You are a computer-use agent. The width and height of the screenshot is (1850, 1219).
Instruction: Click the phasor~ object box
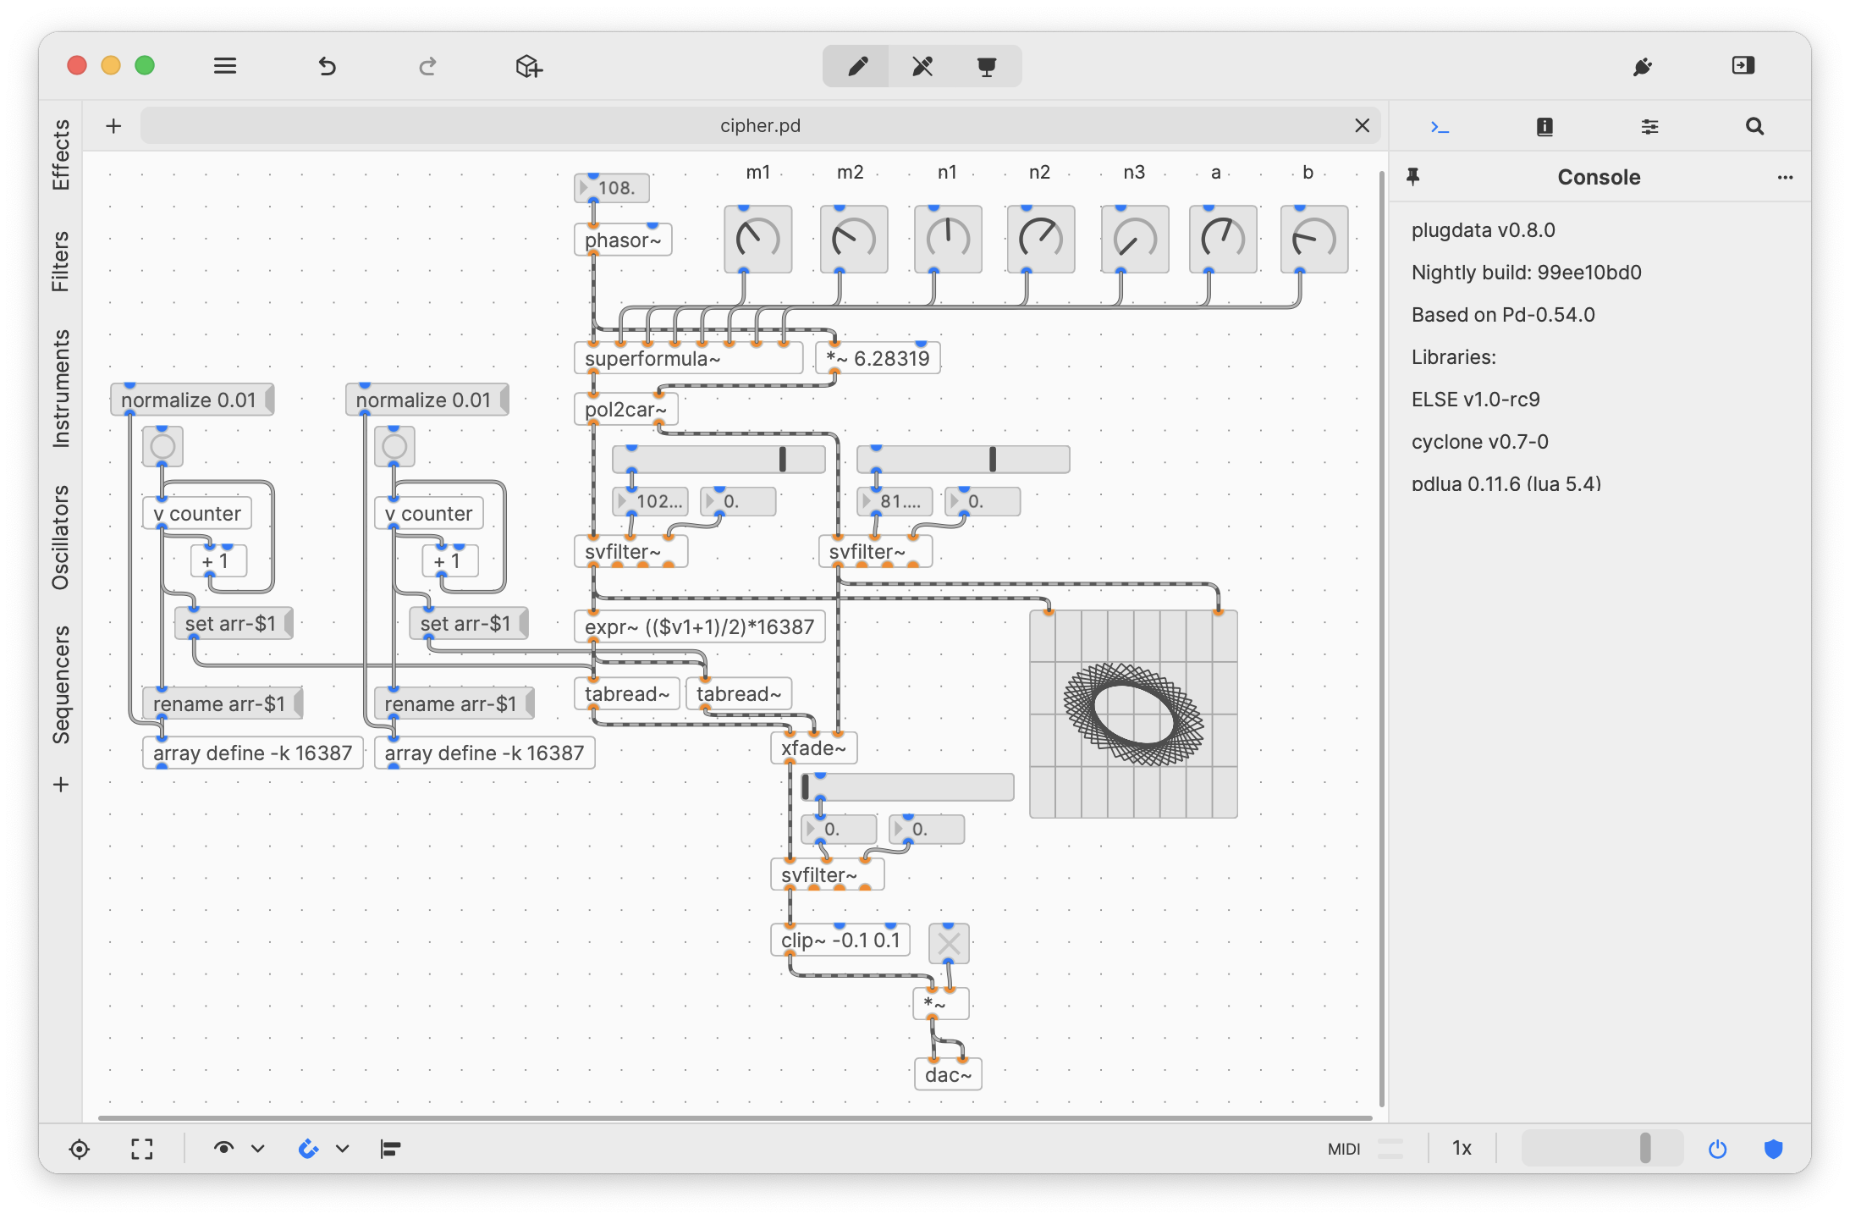[623, 240]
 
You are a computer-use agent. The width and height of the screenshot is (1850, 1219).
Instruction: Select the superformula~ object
[688, 359]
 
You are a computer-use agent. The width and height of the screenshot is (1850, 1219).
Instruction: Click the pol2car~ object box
[625, 410]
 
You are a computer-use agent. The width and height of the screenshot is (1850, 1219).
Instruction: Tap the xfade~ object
[813, 748]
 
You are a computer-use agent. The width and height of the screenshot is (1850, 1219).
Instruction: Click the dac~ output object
[948, 1075]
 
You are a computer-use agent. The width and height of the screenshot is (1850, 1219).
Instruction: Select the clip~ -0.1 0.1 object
[840, 940]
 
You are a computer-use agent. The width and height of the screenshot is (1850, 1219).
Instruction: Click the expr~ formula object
[699, 627]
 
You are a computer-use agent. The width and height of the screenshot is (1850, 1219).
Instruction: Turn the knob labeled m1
[757, 240]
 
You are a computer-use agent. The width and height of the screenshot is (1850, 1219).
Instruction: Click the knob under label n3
[1134, 240]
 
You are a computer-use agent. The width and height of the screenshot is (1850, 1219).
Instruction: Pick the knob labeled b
[1313, 240]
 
